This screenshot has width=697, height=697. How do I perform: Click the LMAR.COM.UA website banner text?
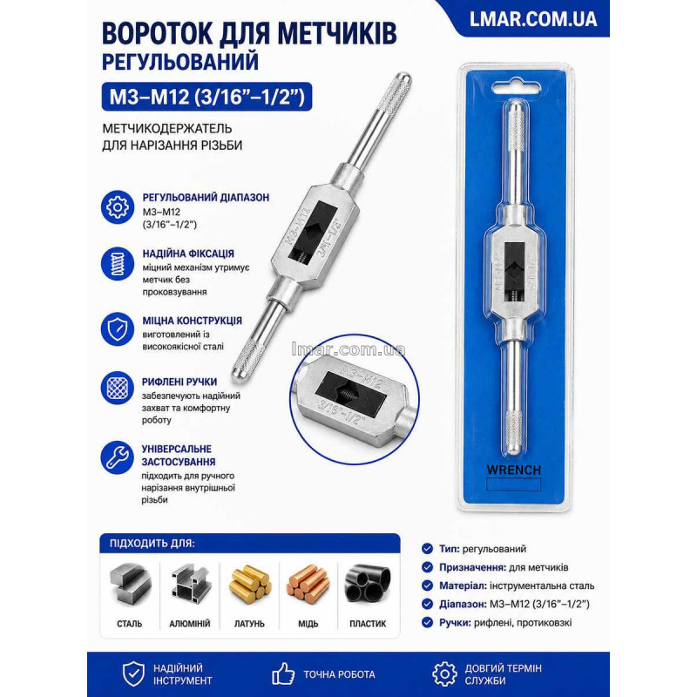pos(533,19)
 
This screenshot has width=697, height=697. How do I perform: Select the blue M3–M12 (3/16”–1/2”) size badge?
pos(206,97)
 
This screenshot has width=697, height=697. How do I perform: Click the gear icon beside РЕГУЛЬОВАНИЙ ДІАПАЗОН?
pos(118,207)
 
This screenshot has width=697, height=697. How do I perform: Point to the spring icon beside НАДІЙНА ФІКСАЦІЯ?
pos(118,264)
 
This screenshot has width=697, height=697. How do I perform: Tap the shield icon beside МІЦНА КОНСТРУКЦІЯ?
pos(118,329)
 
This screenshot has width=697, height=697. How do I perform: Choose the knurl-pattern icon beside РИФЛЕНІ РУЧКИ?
pos(118,388)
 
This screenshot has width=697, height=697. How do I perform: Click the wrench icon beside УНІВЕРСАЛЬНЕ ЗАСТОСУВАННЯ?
pos(118,457)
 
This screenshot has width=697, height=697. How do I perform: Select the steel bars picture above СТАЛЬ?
pos(130,585)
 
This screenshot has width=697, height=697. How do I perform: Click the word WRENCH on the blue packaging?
pos(514,470)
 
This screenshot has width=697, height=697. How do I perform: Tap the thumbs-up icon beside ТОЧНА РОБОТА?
pos(283,673)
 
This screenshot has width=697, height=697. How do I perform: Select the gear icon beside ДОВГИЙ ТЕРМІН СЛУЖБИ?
pos(444,673)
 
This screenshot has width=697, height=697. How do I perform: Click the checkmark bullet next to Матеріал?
pos(427,585)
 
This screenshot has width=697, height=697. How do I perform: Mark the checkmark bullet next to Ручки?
pos(427,622)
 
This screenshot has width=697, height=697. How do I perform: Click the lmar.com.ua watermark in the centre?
pos(348,349)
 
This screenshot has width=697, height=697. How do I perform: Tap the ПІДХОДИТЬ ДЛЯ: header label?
pos(152,543)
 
